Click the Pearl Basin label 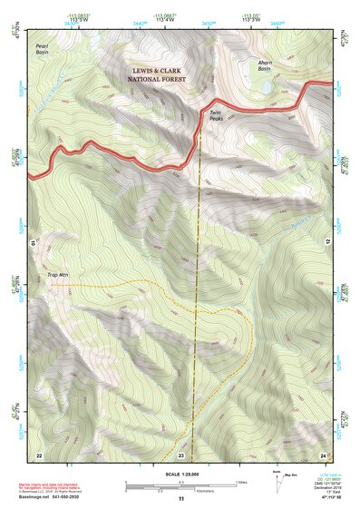click(x=42, y=47)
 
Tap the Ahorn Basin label click(x=264, y=65)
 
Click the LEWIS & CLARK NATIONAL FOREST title click(x=156, y=74)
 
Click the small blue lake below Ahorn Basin click(x=264, y=88)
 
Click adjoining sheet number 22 click(x=38, y=454)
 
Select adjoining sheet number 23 click(x=180, y=454)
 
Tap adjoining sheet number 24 click(x=323, y=454)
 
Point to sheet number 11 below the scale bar click(x=180, y=499)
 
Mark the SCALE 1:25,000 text click(x=180, y=474)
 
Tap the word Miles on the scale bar click(x=240, y=482)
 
